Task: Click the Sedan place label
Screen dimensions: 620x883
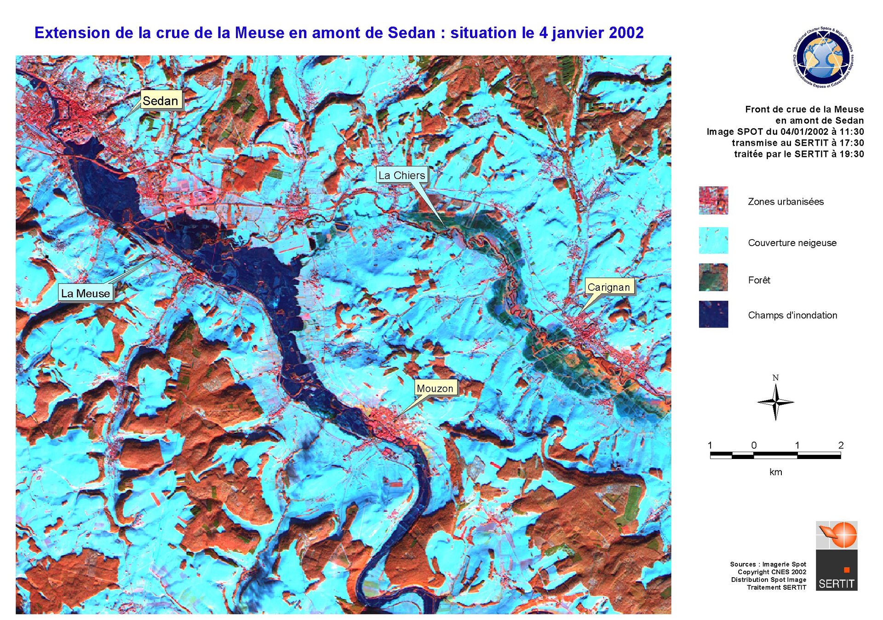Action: tap(161, 100)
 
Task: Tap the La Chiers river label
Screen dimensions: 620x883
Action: tap(401, 175)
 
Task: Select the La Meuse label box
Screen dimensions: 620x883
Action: tap(86, 293)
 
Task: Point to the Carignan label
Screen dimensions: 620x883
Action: tap(608, 287)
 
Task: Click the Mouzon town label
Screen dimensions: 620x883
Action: tap(435, 388)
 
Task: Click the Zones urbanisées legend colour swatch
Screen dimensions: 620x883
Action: tap(713, 201)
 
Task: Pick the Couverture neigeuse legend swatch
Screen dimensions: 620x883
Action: tap(713, 241)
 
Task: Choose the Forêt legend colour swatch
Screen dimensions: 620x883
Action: tap(713, 277)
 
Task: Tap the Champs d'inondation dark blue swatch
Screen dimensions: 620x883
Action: tap(713, 314)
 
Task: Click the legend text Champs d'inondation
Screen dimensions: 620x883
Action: tap(792, 316)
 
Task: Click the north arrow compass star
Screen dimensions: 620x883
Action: tap(775, 402)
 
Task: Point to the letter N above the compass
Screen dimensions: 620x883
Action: tap(775, 378)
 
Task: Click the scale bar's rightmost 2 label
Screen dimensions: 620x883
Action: tap(841, 445)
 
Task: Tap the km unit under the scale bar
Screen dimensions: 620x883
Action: tap(775, 472)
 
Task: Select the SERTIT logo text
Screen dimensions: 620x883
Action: tap(836, 584)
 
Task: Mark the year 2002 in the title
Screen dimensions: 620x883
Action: tap(626, 33)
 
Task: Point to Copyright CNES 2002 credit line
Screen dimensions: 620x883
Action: tap(772, 572)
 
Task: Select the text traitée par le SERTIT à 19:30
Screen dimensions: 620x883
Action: tap(798, 154)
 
